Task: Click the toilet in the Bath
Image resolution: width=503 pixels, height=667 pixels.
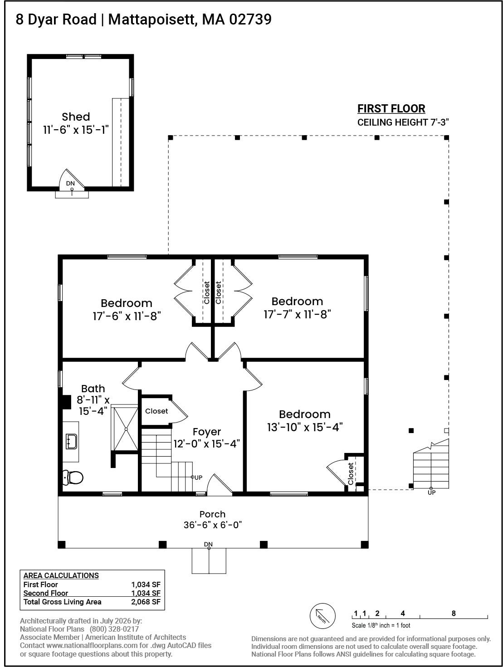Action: pyautogui.click(x=73, y=477)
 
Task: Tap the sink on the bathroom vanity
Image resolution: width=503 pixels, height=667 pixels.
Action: pyautogui.click(x=71, y=441)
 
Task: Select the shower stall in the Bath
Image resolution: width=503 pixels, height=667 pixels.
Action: pyautogui.click(x=125, y=429)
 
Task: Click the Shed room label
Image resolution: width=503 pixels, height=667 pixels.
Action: pyautogui.click(x=76, y=117)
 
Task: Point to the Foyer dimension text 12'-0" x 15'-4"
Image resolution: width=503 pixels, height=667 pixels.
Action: pyautogui.click(x=207, y=444)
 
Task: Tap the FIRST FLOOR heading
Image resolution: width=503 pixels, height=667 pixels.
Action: pyautogui.click(x=391, y=108)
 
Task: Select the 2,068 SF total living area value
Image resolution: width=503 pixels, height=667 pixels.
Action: pyautogui.click(x=146, y=602)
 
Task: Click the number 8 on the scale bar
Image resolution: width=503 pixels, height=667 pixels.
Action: pyautogui.click(x=454, y=613)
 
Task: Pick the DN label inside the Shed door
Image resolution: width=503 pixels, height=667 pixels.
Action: pyautogui.click(x=70, y=183)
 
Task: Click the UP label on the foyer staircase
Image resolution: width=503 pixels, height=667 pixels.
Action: pyautogui.click(x=198, y=477)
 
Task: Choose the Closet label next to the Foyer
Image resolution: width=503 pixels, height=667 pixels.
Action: pyautogui.click(x=156, y=411)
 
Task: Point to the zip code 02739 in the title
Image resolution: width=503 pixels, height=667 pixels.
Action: pyautogui.click(x=250, y=19)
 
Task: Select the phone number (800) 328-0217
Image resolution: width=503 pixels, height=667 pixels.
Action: pyautogui.click(x=114, y=629)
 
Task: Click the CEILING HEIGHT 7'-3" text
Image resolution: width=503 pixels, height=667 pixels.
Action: pyautogui.click(x=403, y=122)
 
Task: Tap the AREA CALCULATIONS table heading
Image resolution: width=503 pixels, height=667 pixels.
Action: pyautogui.click(x=61, y=575)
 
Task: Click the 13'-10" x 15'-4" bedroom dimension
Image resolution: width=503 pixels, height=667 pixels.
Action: pyautogui.click(x=305, y=427)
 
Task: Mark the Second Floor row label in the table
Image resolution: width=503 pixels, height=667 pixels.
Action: pyautogui.click(x=46, y=593)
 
